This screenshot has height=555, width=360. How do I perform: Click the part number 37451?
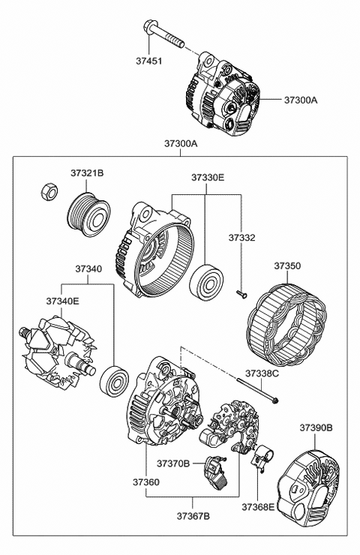click(x=148, y=61)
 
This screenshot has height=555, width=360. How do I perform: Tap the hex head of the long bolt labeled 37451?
click(x=150, y=27)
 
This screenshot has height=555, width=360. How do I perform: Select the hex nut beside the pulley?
click(x=49, y=191)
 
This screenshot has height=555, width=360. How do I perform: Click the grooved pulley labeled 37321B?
click(x=88, y=214)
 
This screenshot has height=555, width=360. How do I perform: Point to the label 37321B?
click(x=87, y=173)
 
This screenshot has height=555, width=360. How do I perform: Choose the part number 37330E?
click(x=208, y=177)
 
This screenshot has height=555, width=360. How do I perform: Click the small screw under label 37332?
click(x=241, y=294)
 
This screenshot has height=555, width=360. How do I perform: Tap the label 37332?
click(x=241, y=238)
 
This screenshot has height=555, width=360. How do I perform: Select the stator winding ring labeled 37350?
click(x=286, y=325)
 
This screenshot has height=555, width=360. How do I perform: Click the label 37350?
click(x=287, y=265)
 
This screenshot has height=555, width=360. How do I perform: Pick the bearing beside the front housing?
click(x=206, y=282)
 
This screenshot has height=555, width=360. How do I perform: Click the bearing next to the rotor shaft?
click(x=114, y=381)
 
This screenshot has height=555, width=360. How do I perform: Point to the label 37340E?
click(x=63, y=301)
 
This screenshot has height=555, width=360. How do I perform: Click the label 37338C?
click(x=262, y=373)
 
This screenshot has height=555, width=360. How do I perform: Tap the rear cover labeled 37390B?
click(x=308, y=488)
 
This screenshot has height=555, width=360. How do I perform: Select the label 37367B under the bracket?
click(x=193, y=517)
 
